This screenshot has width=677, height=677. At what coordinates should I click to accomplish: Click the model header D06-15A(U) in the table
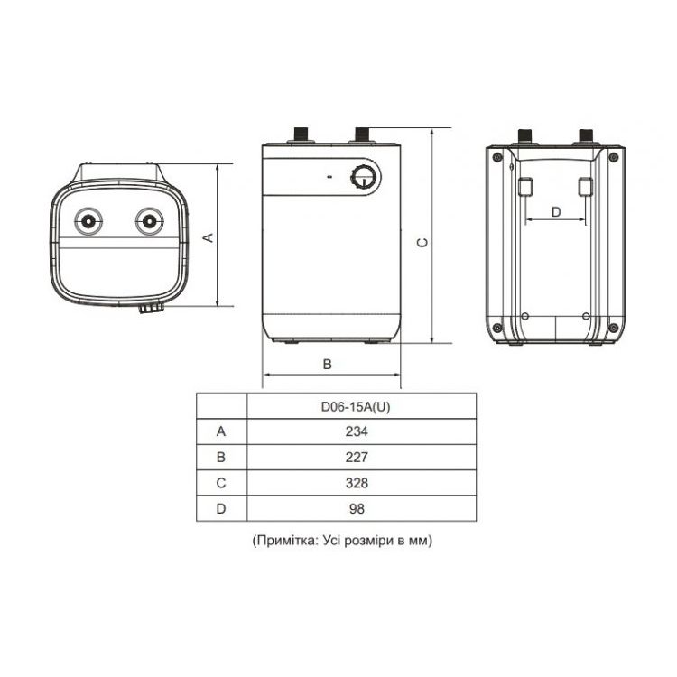tap(356, 407)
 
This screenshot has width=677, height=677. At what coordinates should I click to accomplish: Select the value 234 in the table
tap(357, 431)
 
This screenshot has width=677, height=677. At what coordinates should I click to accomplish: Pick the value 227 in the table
tap(357, 457)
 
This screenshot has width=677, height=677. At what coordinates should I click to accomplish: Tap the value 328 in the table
tap(357, 483)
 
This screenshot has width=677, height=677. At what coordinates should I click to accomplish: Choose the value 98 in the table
tap(357, 508)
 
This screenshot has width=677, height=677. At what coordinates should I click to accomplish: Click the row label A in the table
tap(221, 431)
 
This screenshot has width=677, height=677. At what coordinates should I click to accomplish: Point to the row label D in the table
tap(221, 508)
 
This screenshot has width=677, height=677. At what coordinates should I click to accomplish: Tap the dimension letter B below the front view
tap(328, 364)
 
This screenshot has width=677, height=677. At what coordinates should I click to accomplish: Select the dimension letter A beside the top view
tap(209, 237)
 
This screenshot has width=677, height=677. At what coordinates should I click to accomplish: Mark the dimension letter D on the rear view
tap(556, 212)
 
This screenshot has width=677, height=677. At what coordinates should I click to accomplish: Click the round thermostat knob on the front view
tap(366, 177)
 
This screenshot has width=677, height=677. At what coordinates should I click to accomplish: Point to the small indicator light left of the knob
tap(329, 177)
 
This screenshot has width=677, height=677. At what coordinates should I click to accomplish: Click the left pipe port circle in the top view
tap(88, 221)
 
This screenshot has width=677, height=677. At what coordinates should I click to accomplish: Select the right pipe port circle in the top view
tap(149, 221)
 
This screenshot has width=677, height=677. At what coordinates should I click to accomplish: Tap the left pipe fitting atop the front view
tap(301, 134)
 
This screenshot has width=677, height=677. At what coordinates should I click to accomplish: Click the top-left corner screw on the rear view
tap(497, 157)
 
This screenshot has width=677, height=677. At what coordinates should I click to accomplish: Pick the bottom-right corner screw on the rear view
tap(613, 329)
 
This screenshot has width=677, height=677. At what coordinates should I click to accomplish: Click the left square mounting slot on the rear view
tap(524, 187)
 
